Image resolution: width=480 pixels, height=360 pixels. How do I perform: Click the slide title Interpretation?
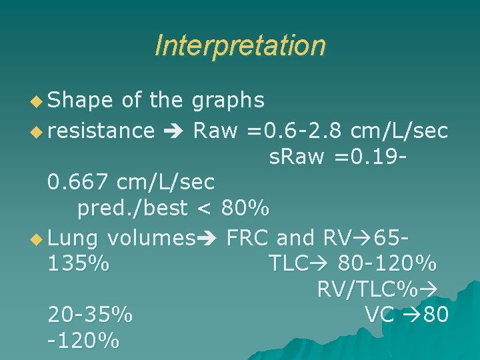coord(240,46)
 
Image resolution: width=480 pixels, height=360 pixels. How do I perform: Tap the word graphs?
coord(228,100)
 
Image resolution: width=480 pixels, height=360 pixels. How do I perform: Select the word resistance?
coord(101,130)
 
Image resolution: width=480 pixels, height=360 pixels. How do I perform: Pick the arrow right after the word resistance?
coord(173,131)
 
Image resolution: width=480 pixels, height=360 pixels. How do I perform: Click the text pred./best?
coord(132,209)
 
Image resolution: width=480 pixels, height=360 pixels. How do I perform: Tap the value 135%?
coord(79,263)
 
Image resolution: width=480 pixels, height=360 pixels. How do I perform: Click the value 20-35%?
coord(90,314)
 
